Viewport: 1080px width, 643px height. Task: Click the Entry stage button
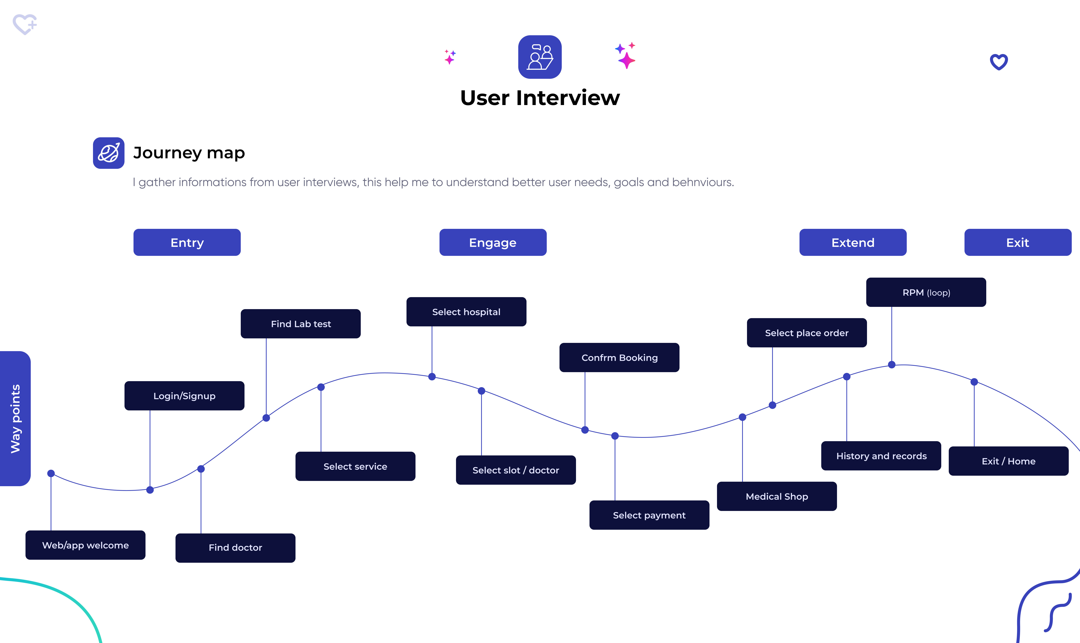click(187, 242)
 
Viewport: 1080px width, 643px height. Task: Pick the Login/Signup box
click(184, 396)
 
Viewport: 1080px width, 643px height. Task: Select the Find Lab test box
click(301, 324)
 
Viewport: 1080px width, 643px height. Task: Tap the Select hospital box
click(466, 312)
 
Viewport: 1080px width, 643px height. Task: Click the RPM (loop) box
click(926, 292)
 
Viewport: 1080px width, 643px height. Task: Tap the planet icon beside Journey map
click(109, 153)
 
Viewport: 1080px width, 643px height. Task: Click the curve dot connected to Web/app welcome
click(51, 473)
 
